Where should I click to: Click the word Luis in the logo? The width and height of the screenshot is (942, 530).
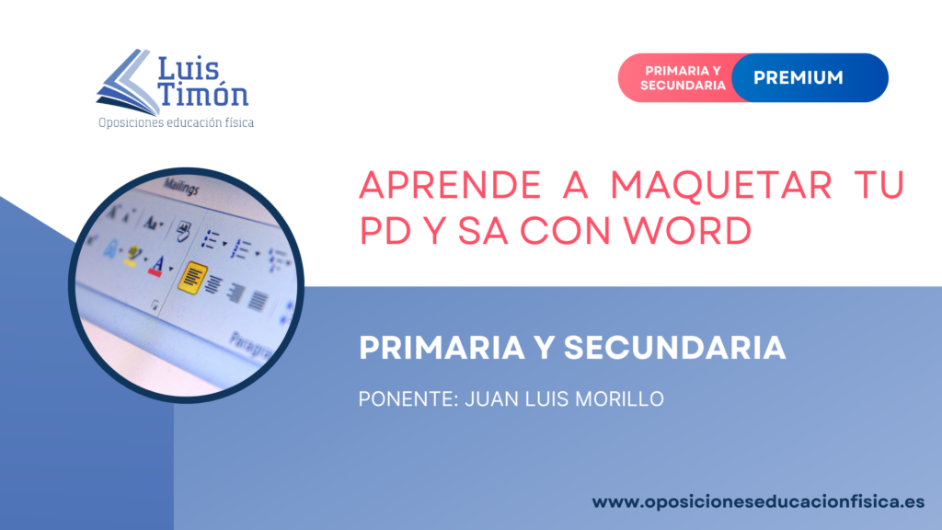[188, 69]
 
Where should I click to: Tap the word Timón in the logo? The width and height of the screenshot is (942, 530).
[202, 94]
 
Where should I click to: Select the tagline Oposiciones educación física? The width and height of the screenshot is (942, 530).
[176, 122]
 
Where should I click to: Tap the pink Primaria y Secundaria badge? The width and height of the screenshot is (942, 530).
[683, 78]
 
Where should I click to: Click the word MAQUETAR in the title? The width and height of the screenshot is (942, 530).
[721, 185]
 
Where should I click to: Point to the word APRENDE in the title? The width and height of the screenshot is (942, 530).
[450, 185]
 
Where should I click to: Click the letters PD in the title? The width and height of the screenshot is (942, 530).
[385, 230]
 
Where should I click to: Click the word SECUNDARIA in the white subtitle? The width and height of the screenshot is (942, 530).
[674, 348]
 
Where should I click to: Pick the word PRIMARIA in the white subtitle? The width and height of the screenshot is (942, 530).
[442, 348]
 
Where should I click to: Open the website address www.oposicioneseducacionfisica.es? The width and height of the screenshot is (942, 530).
[758, 502]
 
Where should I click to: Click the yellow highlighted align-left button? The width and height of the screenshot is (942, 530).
[192, 278]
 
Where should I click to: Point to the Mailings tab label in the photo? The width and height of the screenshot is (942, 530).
[181, 188]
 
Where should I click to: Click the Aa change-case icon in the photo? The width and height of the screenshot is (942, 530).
[152, 224]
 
